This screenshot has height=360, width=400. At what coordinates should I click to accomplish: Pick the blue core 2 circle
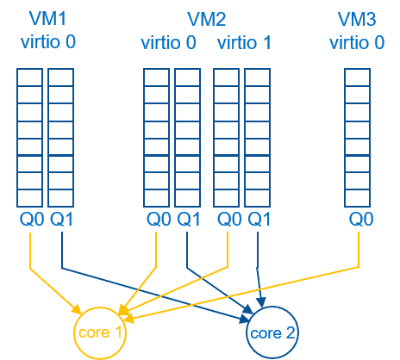[272, 332]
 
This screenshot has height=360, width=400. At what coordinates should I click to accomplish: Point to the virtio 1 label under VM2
[244, 42]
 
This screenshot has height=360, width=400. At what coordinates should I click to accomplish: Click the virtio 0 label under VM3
[357, 42]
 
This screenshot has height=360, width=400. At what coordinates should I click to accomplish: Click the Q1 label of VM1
[61, 220]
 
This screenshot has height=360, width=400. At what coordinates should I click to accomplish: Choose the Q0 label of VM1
[30, 220]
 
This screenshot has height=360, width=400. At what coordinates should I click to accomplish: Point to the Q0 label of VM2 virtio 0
[156, 220]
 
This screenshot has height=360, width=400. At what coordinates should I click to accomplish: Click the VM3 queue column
[357, 138]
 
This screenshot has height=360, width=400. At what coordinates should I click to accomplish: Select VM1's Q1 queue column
[61, 138]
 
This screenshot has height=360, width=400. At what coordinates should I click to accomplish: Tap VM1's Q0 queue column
[30, 138]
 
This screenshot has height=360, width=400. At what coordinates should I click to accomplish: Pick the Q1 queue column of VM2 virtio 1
[258, 138]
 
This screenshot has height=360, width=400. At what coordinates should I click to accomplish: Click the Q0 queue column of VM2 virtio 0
[156, 138]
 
